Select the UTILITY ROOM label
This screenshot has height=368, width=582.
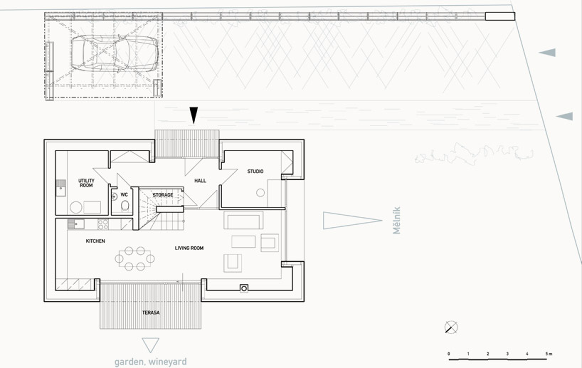pyautogui.click(x=87, y=183)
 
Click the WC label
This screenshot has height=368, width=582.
pyautogui.click(x=123, y=194)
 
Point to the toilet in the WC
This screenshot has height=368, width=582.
pyautogui.click(x=125, y=206)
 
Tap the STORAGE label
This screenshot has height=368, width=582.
pyautogui.click(x=163, y=194)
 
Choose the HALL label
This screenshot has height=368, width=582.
pyautogui.click(x=200, y=181)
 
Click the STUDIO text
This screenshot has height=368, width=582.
pyautogui.click(x=255, y=172)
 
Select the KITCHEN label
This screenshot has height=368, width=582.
pyautogui.click(x=95, y=241)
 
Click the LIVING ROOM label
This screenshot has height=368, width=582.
pyautogui.click(x=189, y=248)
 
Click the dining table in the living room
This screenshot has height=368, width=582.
pyautogui.click(x=134, y=258)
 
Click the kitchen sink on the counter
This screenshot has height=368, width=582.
pyautogui.click(x=75, y=224)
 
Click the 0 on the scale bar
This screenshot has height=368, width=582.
pyautogui.click(x=448, y=354)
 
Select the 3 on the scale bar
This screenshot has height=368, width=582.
pyautogui.click(x=507, y=354)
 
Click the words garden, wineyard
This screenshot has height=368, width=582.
pyautogui.click(x=151, y=362)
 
